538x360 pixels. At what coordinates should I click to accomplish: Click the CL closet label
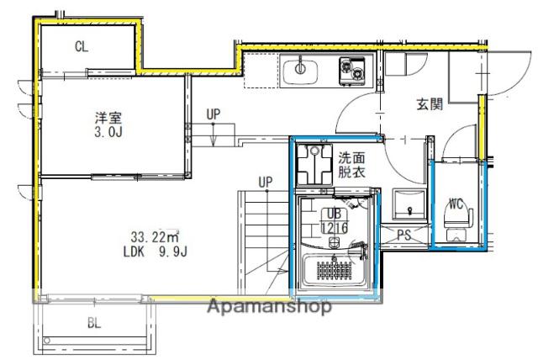coord(82,46)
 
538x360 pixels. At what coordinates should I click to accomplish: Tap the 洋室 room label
coord(108,118)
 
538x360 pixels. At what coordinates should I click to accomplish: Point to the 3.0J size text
coord(108,132)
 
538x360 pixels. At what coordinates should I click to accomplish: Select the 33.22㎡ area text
coord(156,237)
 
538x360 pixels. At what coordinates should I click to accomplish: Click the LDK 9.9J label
coord(156,252)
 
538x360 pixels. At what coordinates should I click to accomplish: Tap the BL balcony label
coord(94,323)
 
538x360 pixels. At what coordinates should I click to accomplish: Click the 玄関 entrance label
coord(430,104)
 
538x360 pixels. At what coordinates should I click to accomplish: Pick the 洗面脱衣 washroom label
coord(351,165)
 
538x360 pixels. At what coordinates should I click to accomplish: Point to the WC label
coord(456,204)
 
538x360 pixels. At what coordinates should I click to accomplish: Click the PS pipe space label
coord(404,235)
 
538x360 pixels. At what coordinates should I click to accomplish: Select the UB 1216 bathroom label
coord(335,220)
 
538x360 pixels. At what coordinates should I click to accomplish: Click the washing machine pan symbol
coord(314,164)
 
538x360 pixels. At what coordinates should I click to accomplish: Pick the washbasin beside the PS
coord(409,204)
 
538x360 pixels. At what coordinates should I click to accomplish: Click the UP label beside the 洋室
coord(214,114)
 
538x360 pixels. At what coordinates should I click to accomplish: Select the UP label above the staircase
coord(266,183)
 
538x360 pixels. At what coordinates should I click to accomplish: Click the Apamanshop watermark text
coord(269,306)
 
